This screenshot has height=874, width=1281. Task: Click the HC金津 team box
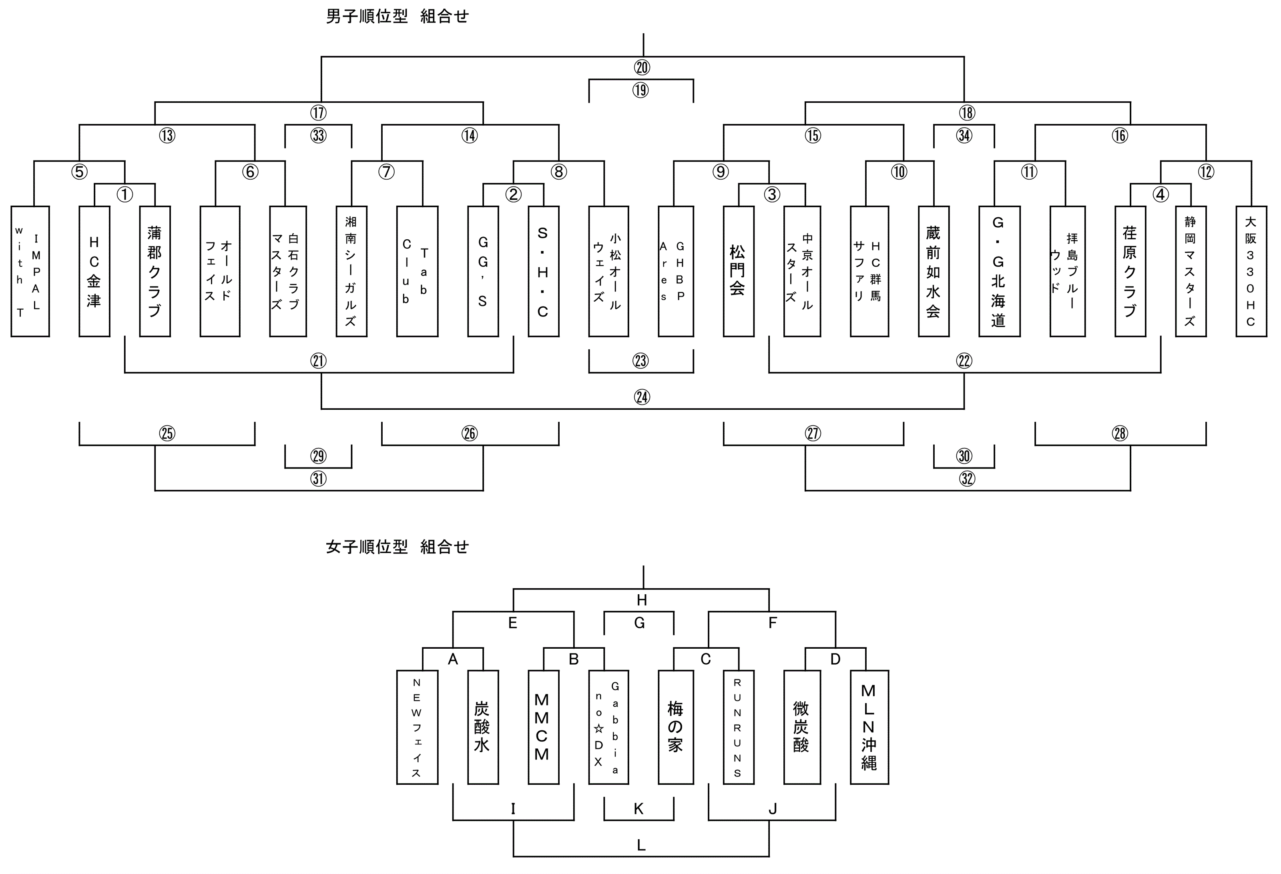click(94, 271)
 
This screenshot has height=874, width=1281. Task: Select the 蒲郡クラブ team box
click(155, 271)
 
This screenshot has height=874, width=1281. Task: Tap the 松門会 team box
click(738, 271)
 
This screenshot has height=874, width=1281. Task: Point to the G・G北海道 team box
click(999, 271)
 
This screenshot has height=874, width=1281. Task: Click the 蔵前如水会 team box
click(933, 271)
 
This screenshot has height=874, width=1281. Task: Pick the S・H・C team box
click(543, 271)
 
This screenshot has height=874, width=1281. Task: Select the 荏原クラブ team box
click(1130, 271)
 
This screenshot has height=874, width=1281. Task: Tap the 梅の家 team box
click(675, 727)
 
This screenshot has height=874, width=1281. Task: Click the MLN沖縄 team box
click(869, 727)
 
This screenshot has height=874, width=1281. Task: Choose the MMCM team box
click(543, 727)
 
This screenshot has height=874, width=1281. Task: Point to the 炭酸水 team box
click(482, 727)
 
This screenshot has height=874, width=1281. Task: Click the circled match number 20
click(642, 68)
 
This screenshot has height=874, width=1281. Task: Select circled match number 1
click(125, 194)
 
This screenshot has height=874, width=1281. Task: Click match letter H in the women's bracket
click(642, 600)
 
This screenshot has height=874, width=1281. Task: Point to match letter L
click(641, 845)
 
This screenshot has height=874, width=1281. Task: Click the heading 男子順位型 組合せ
click(397, 16)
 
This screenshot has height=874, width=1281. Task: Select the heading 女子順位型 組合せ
click(397, 547)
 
